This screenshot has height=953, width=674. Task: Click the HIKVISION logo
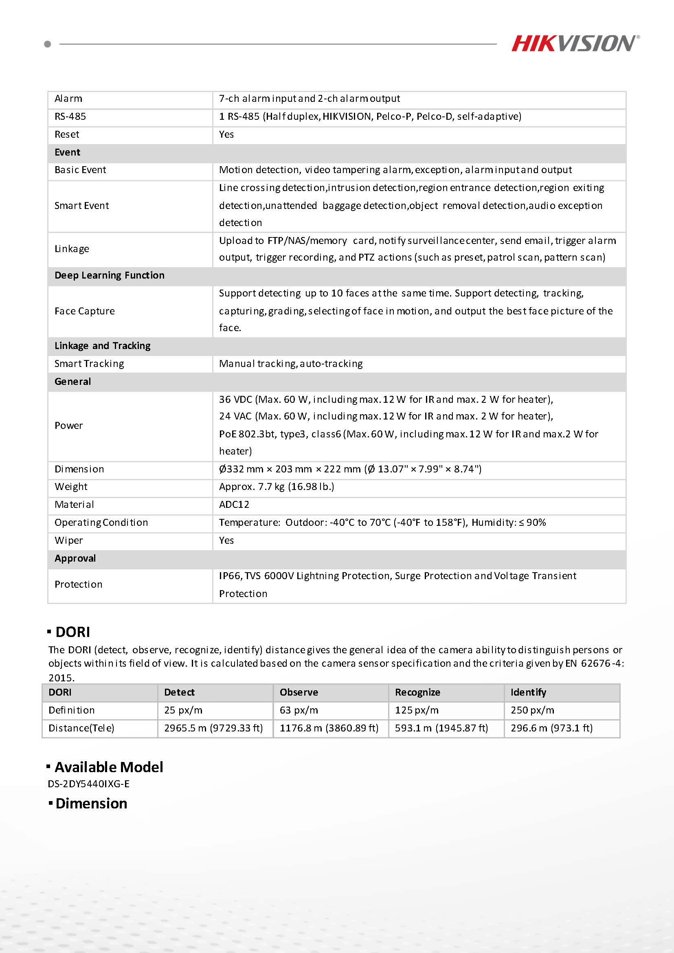tap(575, 44)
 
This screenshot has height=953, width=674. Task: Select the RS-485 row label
tap(70, 116)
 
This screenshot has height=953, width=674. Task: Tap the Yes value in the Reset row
tap(226, 134)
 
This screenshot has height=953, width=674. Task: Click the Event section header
tap(67, 152)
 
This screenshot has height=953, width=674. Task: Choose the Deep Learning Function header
tap(110, 275)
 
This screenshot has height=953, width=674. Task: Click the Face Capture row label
tap(85, 311)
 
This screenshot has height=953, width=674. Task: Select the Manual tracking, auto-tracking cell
tap(290, 364)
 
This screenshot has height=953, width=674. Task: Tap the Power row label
tap(68, 426)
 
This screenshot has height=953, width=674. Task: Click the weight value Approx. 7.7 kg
tap(277, 486)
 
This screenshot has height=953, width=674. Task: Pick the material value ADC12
tap(234, 504)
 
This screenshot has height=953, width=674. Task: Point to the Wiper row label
tap(68, 540)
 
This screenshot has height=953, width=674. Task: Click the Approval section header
tap(75, 558)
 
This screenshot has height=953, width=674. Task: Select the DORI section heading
tap(72, 632)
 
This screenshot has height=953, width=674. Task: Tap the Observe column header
tap(299, 692)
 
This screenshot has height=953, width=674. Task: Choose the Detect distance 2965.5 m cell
tap(213, 728)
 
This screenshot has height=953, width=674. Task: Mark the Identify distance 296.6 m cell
tap(551, 728)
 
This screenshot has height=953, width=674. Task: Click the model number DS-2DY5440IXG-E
tap(88, 784)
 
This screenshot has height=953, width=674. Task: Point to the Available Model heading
tap(109, 767)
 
